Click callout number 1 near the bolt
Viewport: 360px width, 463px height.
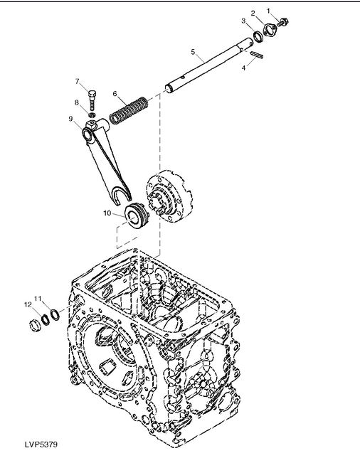point(268,11)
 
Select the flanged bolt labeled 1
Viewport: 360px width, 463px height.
point(283,22)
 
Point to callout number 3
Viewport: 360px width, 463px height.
point(243,21)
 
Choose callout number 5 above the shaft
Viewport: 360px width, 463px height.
point(193,52)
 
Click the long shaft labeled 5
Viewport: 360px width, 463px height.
point(210,66)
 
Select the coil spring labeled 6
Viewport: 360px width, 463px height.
point(129,110)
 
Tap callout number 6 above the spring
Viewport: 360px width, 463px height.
point(115,94)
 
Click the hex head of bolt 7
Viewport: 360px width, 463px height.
point(92,94)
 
